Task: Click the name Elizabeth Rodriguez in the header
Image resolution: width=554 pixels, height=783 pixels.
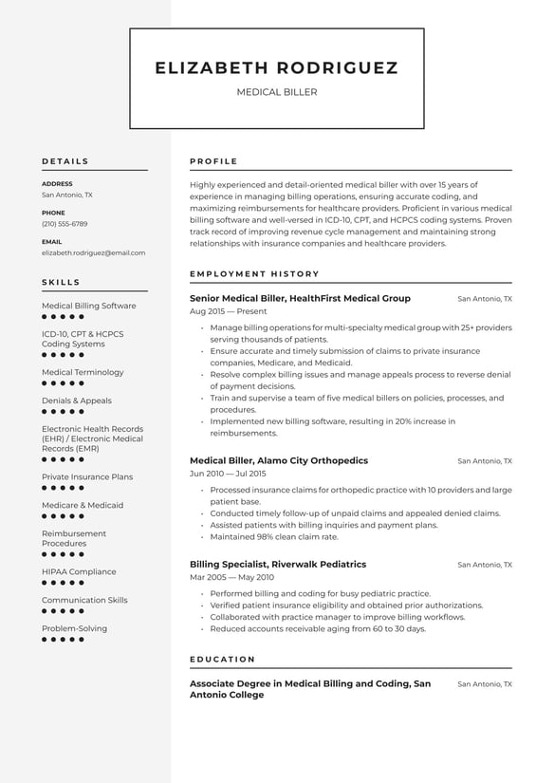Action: (x=276, y=68)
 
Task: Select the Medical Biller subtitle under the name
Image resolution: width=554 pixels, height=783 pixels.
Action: (x=276, y=92)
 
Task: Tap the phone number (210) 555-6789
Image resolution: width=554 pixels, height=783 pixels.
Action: (x=65, y=224)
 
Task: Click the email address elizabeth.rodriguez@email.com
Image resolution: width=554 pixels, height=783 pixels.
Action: (x=93, y=253)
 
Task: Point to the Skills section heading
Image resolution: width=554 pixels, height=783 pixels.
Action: (x=61, y=282)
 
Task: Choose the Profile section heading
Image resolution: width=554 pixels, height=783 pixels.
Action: (x=213, y=161)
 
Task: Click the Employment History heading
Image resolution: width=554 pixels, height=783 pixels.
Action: (x=254, y=274)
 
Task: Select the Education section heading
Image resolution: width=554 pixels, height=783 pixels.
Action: (x=222, y=659)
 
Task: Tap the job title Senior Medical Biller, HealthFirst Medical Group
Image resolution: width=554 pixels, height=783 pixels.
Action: (x=300, y=298)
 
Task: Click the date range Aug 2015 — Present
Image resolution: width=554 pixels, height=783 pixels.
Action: (x=229, y=311)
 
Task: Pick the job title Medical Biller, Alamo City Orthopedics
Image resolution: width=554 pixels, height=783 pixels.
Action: (x=278, y=460)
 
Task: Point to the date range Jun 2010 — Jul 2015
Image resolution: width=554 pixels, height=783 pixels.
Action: (x=228, y=474)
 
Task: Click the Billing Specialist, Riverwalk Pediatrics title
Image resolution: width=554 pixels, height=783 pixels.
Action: (x=277, y=564)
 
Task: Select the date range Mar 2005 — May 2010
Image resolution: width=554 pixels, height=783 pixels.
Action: (x=231, y=577)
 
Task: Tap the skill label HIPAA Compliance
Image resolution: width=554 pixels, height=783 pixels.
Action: (x=79, y=571)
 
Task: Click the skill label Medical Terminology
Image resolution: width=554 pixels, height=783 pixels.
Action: (x=83, y=372)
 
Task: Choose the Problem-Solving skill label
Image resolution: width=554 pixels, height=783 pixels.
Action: (x=74, y=628)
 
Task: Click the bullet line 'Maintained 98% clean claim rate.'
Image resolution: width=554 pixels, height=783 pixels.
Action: (x=274, y=536)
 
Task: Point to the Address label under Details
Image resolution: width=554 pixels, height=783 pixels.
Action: (x=57, y=184)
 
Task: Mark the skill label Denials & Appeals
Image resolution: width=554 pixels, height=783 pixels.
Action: (x=77, y=401)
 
